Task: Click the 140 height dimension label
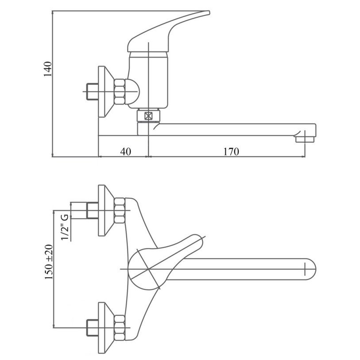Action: pos(47,69)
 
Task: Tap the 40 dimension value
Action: pos(126,151)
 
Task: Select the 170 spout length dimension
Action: pos(231,151)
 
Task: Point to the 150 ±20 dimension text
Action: pos(49,262)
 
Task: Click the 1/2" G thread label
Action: pos(65,227)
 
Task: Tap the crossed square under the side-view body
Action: pos(148,116)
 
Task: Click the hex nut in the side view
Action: pos(120,91)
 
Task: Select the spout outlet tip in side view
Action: pos(305,139)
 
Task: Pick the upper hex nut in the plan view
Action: pos(120,210)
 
